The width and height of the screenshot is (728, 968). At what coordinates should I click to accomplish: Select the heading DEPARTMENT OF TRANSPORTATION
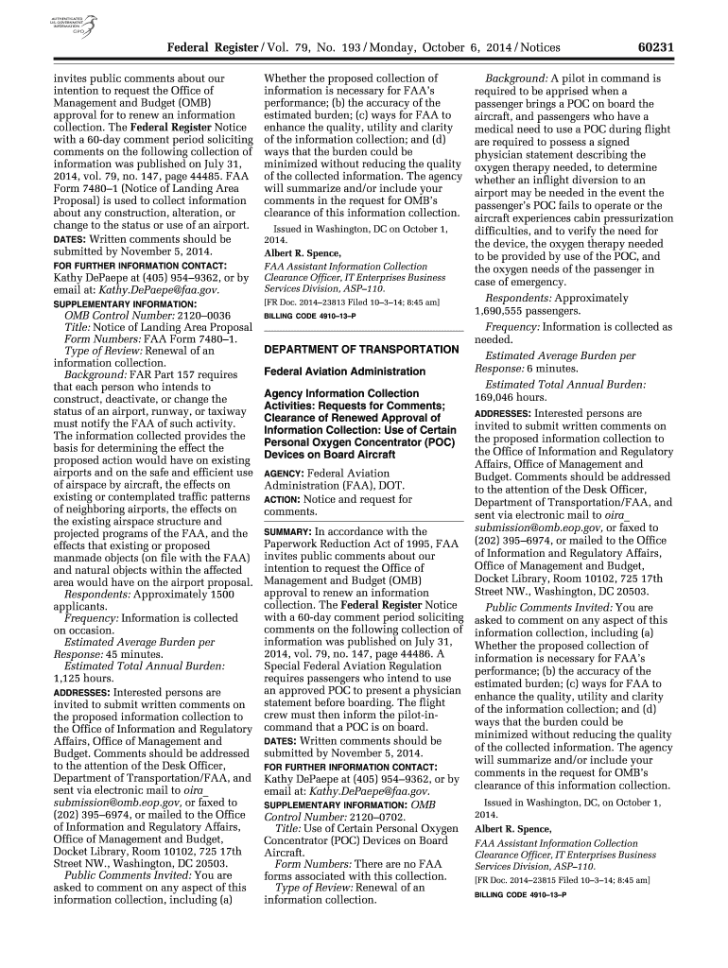(x=361, y=323)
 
